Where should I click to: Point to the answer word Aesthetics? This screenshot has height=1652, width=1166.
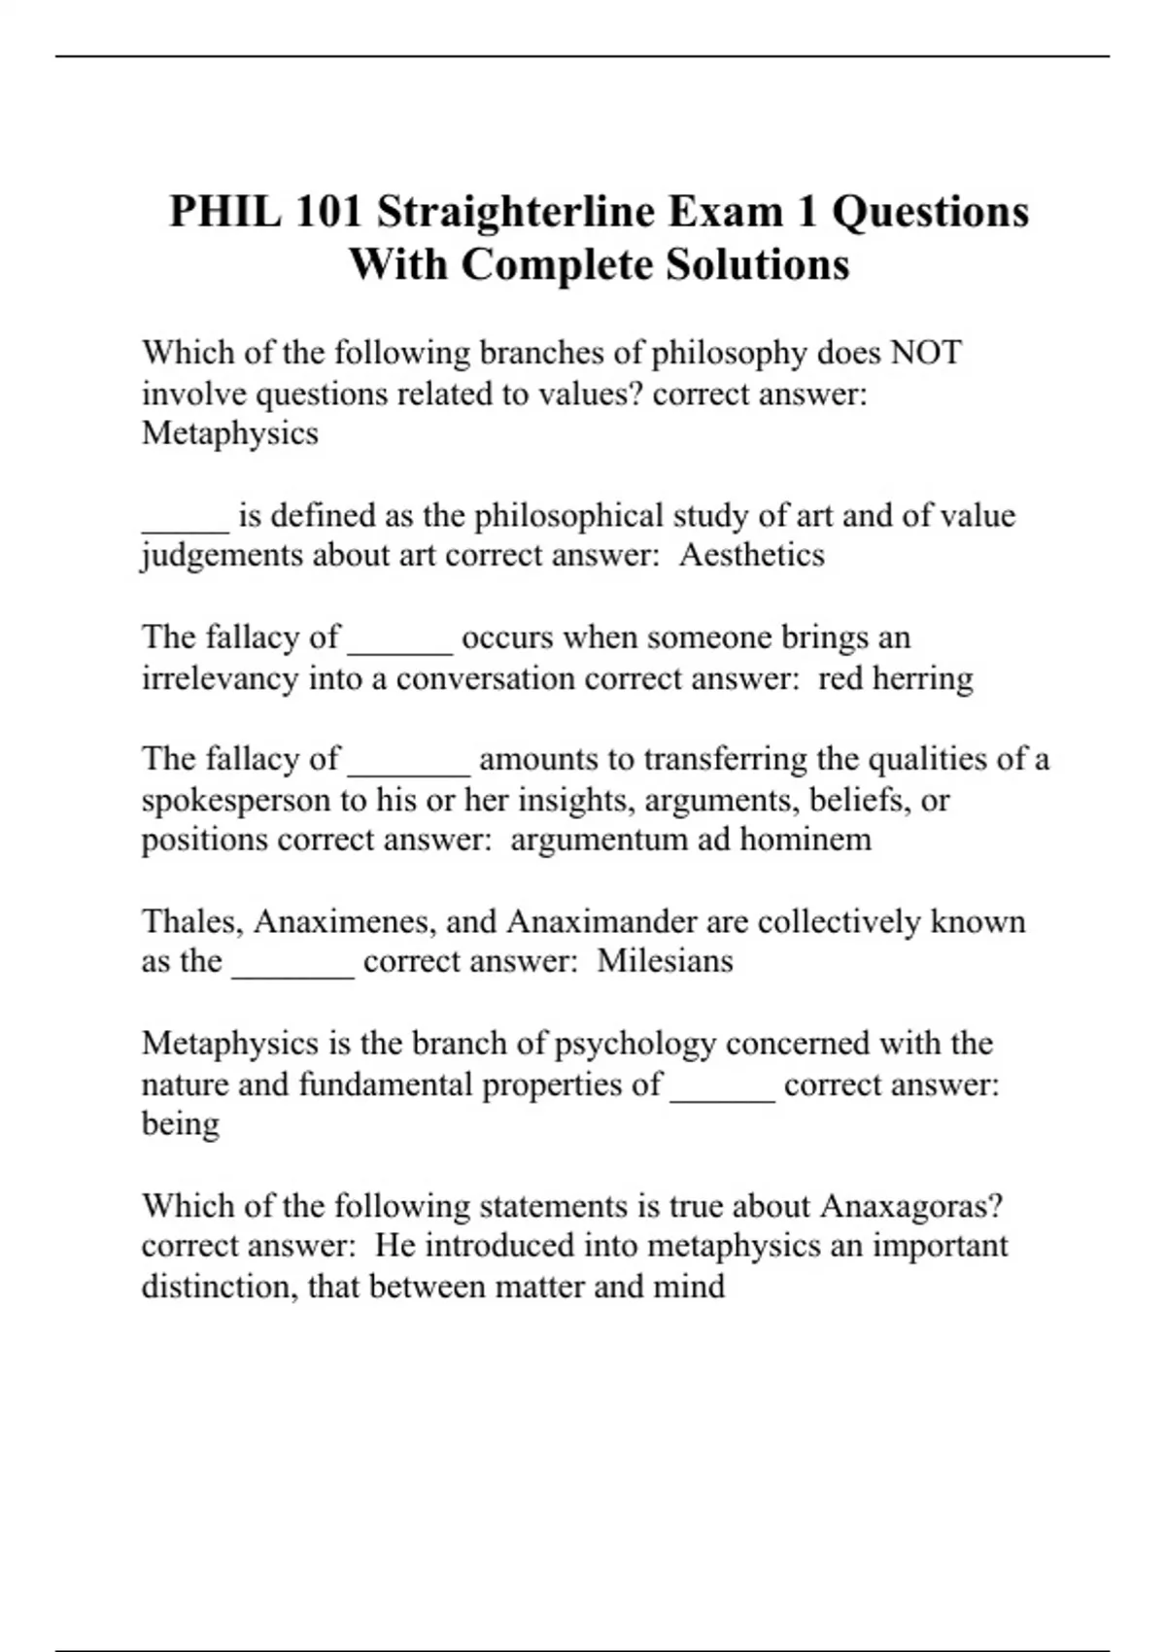pyautogui.click(x=751, y=556)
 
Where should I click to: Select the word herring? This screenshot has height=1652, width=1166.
pyautogui.click(x=922, y=678)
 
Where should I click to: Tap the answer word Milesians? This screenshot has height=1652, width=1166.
pyautogui.click(x=665, y=962)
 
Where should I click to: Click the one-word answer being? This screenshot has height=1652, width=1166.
pyautogui.click(x=181, y=1125)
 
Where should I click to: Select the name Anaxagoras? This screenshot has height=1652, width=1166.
pyautogui.click(x=911, y=1207)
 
